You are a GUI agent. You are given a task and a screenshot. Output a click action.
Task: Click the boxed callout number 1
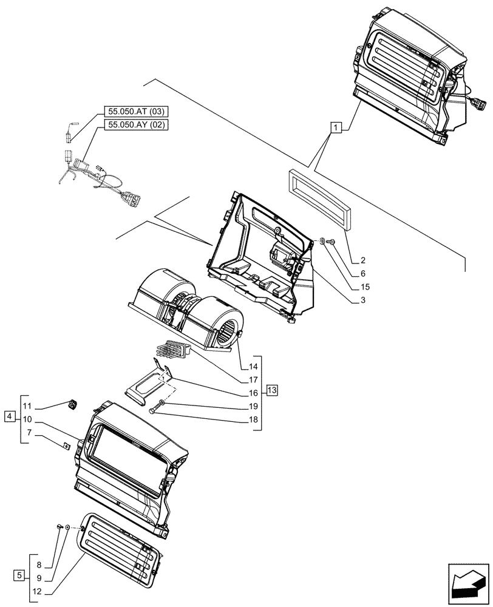coord(336,127)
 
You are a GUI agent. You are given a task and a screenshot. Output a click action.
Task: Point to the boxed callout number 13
coord(271,390)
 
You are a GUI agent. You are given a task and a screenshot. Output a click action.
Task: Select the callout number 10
coord(27,419)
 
